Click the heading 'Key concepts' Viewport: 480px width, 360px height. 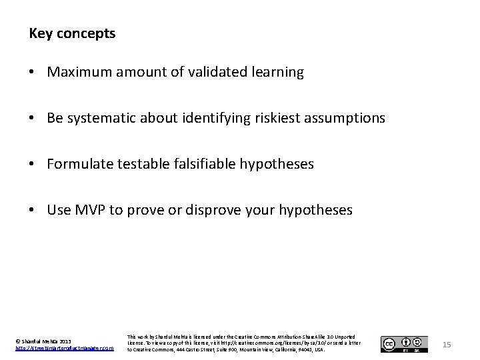(72, 33)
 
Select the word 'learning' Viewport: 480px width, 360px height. (276, 73)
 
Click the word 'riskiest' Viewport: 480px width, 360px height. (273, 118)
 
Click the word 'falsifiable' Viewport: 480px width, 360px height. (201, 164)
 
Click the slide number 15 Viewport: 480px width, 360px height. (447, 344)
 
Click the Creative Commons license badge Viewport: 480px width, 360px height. (404, 344)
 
